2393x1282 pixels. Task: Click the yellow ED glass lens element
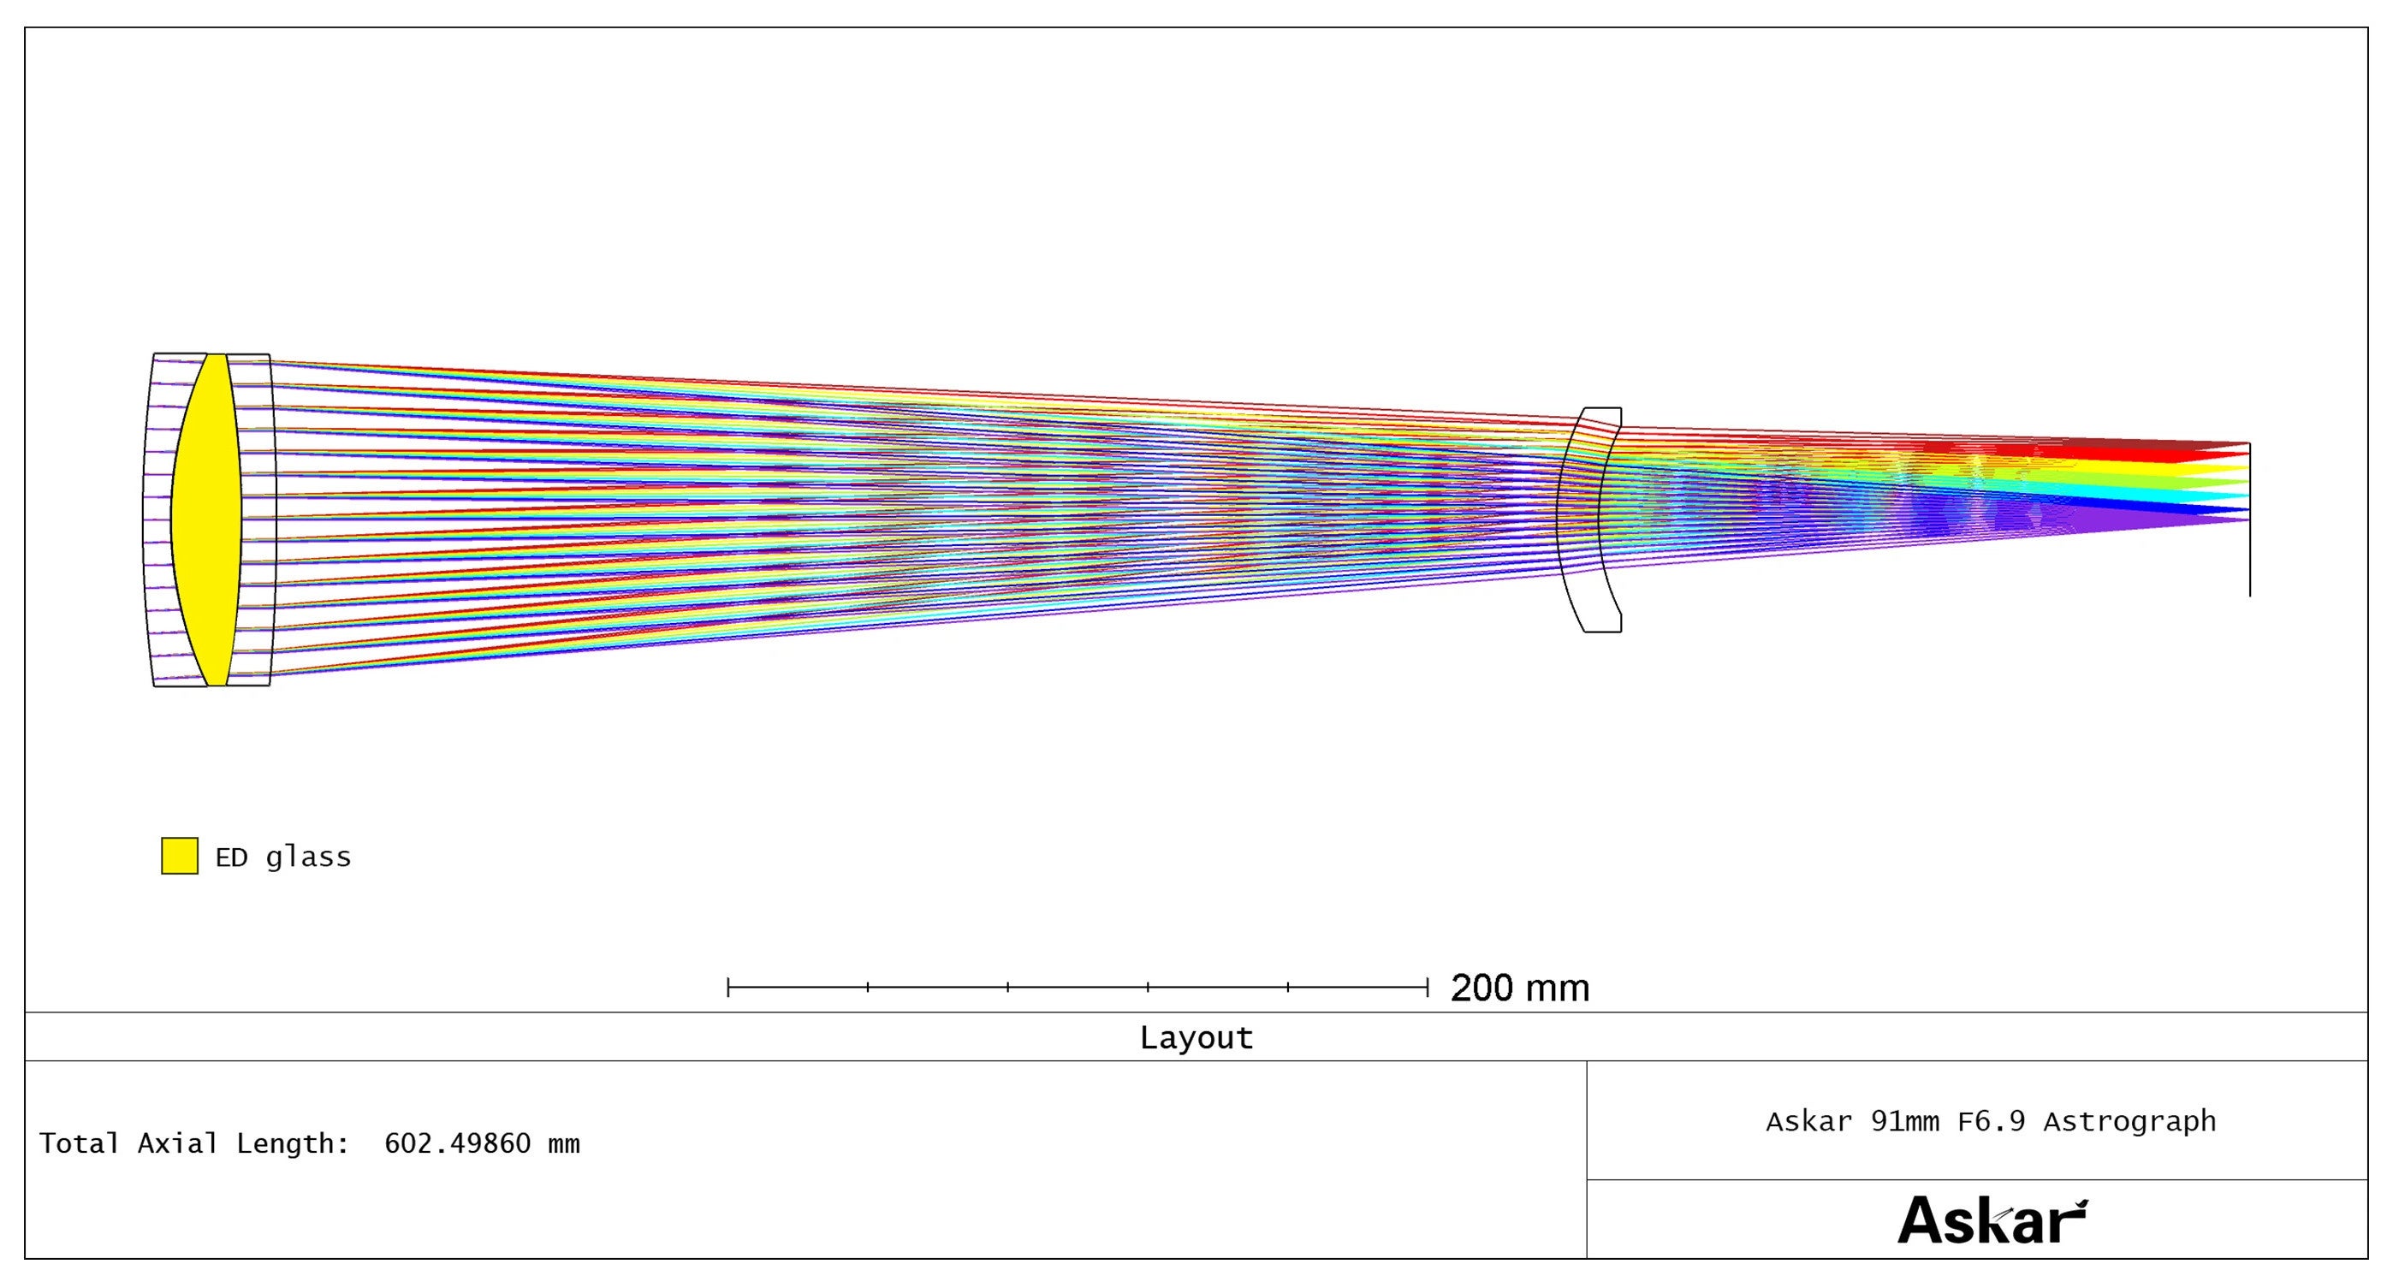coord(206,520)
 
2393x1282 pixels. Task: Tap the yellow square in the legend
coord(179,856)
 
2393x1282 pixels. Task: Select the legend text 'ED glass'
coord(283,857)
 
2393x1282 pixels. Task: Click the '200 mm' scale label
coord(1520,988)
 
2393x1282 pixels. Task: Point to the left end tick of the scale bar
coord(728,987)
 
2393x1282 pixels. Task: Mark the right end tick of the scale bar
coord(1427,987)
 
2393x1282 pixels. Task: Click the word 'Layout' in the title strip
coord(1196,1038)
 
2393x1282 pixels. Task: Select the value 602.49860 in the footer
coord(457,1143)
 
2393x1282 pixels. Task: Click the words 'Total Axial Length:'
coord(194,1143)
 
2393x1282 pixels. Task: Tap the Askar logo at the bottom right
coord(1992,1220)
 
